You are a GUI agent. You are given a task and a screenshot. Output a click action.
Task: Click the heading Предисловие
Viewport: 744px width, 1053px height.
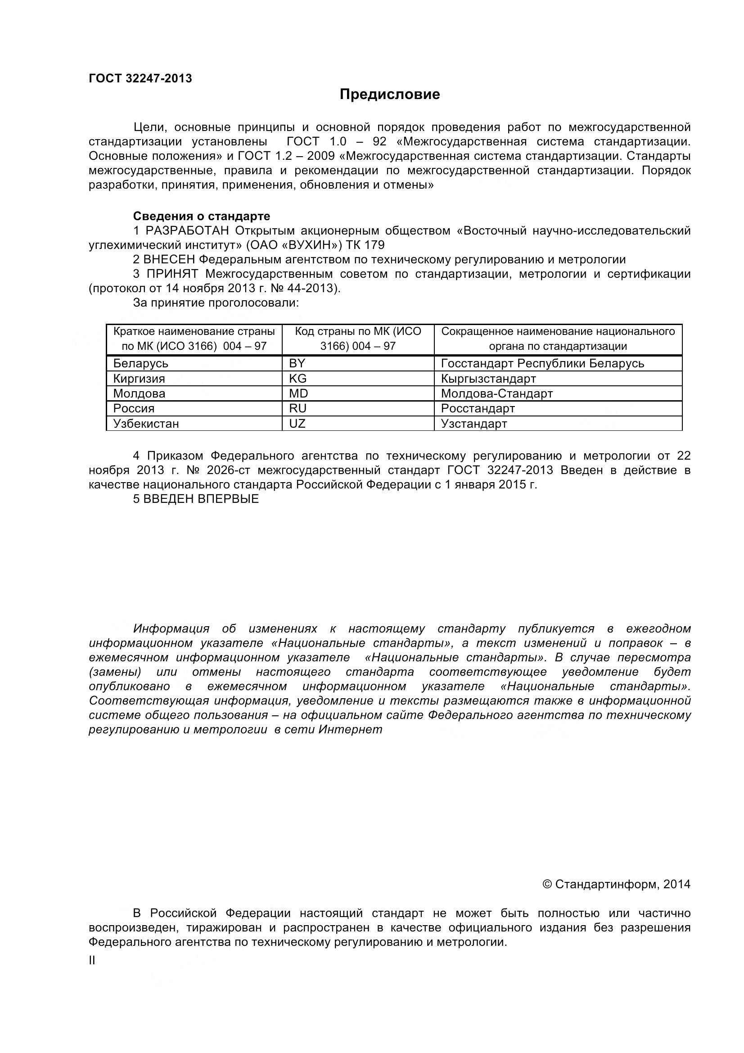(x=390, y=95)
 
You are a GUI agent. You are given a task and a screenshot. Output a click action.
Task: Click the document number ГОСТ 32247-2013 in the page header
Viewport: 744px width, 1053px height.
(x=140, y=78)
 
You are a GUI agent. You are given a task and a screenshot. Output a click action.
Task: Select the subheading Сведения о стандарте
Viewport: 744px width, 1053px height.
(x=201, y=216)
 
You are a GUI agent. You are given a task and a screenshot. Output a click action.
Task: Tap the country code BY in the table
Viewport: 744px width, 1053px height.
(x=297, y=363)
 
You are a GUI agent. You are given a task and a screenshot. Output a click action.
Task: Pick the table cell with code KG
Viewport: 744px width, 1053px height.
(x=298, y=378)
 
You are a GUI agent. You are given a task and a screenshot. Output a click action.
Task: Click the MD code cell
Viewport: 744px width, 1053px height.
(x=298, y=393)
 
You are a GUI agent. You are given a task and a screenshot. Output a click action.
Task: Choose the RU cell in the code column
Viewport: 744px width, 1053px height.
(x=298, y=408)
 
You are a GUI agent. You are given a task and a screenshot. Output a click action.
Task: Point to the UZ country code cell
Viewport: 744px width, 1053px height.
(x=297, y=423)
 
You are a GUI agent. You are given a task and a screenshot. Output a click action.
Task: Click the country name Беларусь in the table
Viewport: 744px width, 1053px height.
(x=141, y=363)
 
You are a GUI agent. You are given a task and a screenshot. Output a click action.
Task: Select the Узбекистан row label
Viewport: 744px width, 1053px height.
(x=146, y=423)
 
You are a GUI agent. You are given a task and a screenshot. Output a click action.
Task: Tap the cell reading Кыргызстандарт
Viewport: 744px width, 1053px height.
(x=488, y=378)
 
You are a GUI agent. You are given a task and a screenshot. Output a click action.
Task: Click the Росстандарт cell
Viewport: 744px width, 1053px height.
(x=478, y=408)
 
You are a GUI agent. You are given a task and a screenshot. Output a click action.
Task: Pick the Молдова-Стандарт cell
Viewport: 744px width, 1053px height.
(x=496, y=393)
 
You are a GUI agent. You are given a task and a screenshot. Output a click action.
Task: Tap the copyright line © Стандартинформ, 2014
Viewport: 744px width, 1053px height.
(x=616, y=884)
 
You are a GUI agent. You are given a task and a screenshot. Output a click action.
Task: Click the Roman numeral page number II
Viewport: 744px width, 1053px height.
(x=92, y=960)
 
